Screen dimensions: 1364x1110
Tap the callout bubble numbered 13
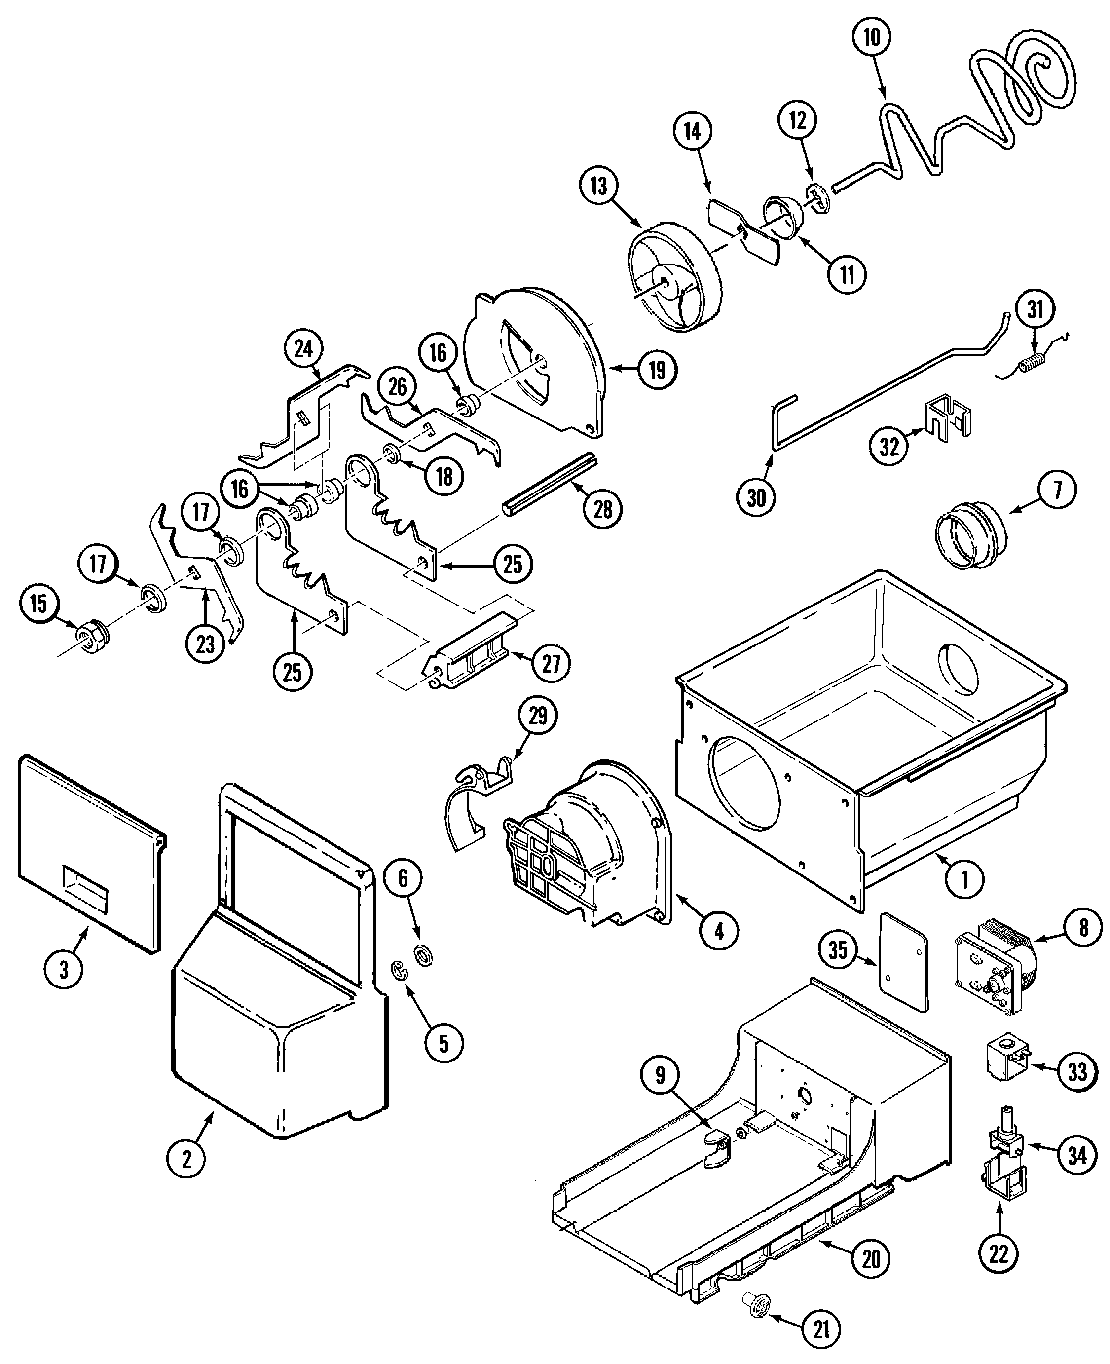[598, 186]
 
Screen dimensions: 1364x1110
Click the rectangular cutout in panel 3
[84, 888]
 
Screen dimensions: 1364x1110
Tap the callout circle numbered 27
[551, 664]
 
